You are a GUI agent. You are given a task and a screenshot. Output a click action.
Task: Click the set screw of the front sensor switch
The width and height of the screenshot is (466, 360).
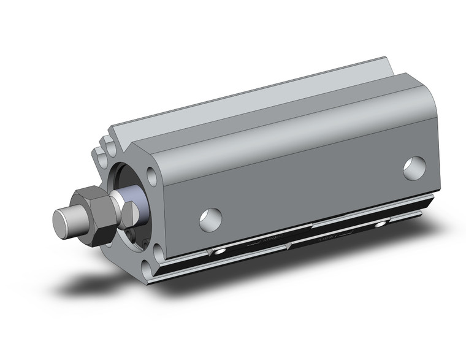220,252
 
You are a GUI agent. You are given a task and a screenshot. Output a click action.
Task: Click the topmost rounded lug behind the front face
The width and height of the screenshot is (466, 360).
109,145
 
